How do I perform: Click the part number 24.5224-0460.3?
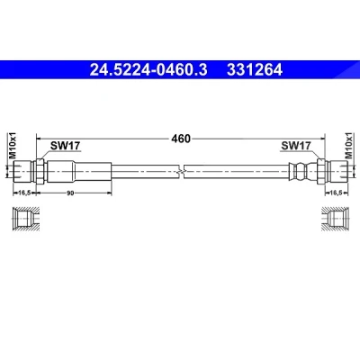click(148, 70)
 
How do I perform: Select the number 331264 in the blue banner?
click(255, 70)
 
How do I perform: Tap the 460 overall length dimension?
click(181, 139)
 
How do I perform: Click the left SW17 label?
click(65, 146)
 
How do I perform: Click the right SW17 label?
click(296, 146)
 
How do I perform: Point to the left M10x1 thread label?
click(13, 145)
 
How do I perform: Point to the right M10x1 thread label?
click(348, 145)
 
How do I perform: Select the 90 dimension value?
click(70, 193)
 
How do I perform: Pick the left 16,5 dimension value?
click(24, 193)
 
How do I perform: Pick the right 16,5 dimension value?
click(336, 193)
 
